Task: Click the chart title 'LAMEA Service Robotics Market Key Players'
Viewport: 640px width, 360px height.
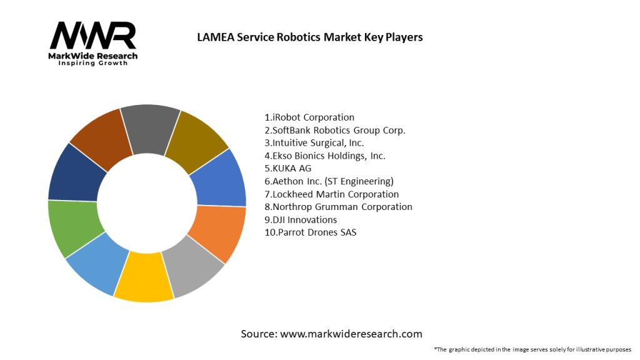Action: point(309,37)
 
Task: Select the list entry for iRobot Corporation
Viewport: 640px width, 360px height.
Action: point(309,117)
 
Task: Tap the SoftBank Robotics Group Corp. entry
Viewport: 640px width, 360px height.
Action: point(335,130)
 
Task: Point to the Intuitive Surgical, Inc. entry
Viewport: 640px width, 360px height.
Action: point(314,142)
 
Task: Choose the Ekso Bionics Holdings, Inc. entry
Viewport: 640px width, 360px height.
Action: point(325,156)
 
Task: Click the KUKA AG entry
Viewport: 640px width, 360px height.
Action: point(288,168)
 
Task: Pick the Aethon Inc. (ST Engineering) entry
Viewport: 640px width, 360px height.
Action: point(329,181)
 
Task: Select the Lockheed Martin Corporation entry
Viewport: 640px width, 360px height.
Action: point(331,194)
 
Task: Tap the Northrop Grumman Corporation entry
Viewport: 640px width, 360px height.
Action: point(338,207)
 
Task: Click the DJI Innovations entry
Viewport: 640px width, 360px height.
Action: point(301,219)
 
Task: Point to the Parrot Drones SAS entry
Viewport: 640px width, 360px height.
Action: point(311,232)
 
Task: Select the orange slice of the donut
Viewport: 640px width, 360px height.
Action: point(219,232)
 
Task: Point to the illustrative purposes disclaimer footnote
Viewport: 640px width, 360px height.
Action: point(532,349)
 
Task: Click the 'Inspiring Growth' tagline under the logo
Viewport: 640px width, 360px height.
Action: point(92,63)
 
